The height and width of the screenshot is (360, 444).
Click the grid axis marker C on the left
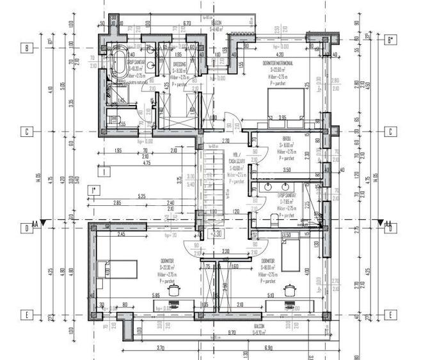(x=27, y=132)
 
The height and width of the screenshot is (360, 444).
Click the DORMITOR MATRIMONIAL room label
(x=278, y=63)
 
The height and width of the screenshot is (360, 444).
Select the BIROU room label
(x=287, y=138)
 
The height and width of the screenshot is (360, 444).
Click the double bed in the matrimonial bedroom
(x=285, y=102)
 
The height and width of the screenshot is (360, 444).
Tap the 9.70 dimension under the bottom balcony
(x=230, y=333)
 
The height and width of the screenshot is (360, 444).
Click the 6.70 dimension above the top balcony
(x=187, y=23)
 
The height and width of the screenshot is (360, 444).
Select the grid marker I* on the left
(x=93, y=190)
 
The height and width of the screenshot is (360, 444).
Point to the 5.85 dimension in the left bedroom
(x=155, y=295)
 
